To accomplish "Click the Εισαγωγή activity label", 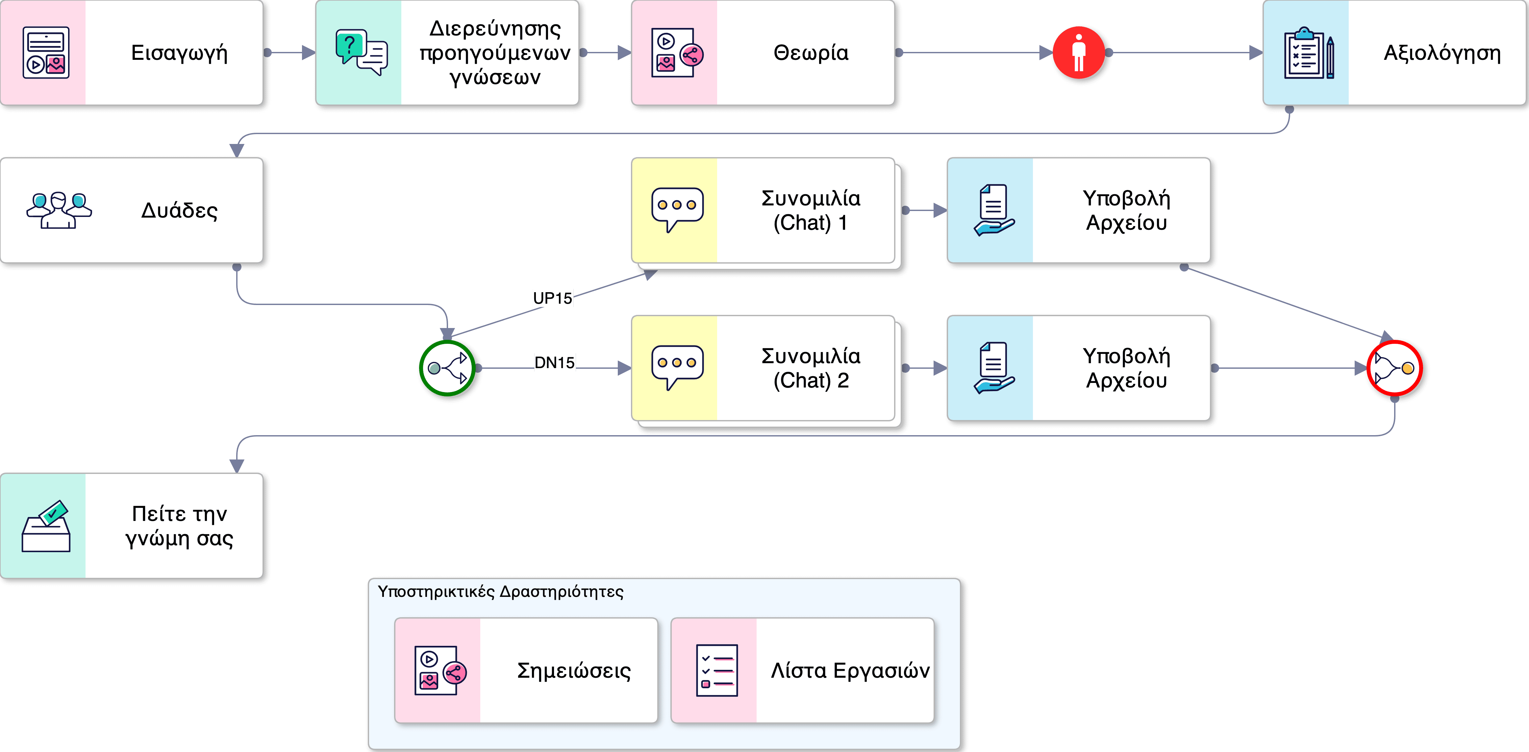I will tap(179, 53).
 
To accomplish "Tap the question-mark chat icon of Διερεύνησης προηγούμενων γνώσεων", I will tap(361, 52).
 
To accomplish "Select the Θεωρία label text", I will tap(811, 53).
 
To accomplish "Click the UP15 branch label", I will tap(552, 298).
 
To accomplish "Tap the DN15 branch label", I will tap(554, 362).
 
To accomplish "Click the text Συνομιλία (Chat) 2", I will tap(811, 368).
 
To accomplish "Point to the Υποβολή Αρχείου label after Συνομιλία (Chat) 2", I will tap(1126, 368).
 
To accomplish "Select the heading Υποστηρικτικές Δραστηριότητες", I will tap(500, 592).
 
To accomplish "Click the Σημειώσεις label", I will tap(573, 671).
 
